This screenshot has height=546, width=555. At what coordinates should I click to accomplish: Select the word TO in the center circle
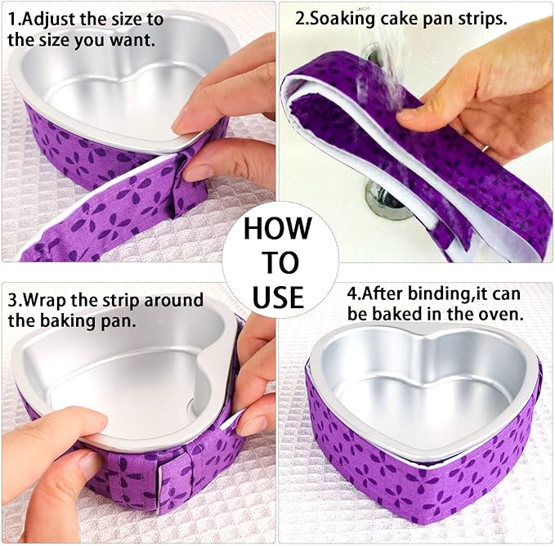coord(278,262)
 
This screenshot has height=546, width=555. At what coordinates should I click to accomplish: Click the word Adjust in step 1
coord(56,17)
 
